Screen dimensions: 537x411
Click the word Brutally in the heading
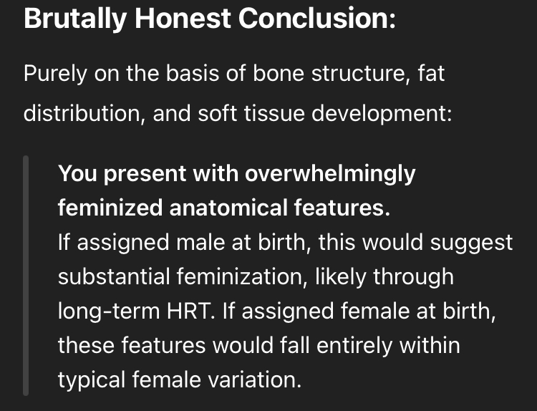[x=75, y=19]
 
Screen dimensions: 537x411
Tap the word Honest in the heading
[x=183, y=18]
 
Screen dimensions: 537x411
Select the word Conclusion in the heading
[x=314, y=18]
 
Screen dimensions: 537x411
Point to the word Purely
[x=55, y=74]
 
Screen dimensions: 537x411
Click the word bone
[x=278, y=73]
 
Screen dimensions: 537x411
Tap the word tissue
[x=274, y=113]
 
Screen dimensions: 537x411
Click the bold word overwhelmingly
[x=330, y=175]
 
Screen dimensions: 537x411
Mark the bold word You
[x=77, y=173]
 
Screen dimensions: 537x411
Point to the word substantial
[x=114, y=276]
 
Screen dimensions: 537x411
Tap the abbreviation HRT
[x=188, y=311]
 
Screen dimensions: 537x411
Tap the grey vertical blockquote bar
[x=26, y=276]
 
